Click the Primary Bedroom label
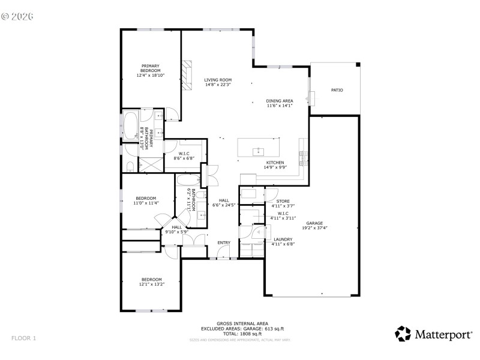point(151,68)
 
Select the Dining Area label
point(280,101)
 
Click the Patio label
point(337,90)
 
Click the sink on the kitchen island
point(260,150)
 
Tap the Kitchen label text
point(275,162)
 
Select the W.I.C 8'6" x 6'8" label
point(184,153)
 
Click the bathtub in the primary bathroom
point(130,127)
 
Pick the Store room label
point(283,202)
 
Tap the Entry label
point(224,243)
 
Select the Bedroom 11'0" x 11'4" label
point(146,198)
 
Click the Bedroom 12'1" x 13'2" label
point(152,279)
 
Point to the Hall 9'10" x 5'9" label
point(177,227)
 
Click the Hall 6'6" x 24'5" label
point(224,200)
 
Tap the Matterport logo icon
point(403,334)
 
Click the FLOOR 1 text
point(24,338)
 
